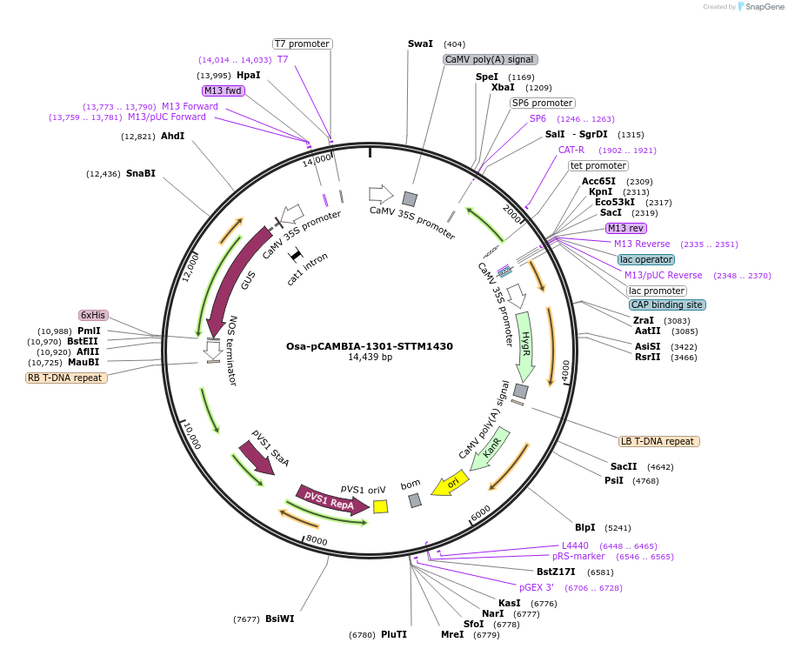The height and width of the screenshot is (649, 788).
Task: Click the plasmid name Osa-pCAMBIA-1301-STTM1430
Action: pos(369,345)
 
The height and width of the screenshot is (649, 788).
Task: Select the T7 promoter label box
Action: pos(302,43)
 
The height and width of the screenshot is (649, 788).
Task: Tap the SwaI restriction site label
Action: pos(420,43)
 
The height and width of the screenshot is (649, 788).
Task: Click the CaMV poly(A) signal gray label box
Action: pos(490,59)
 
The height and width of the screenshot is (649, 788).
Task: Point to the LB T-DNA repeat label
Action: pos(658,441)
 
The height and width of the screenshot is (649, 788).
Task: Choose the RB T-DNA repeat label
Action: pos(67,378)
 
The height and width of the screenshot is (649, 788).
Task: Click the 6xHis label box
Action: pos(93,315)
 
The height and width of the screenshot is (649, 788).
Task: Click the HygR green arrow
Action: pos(526,345)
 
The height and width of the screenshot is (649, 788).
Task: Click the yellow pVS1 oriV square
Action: pos(380,505)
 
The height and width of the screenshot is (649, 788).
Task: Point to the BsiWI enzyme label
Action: pos(280,619)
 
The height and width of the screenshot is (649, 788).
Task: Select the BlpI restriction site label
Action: pos(584,527)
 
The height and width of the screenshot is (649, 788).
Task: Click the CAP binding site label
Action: pos(667,304)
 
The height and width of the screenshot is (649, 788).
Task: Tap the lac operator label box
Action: pos(645,259)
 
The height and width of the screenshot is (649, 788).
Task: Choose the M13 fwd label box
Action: pos(223,90)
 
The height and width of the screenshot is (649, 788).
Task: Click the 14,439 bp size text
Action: pos(370,358)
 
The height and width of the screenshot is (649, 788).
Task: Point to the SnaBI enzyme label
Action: pos(141,173)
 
